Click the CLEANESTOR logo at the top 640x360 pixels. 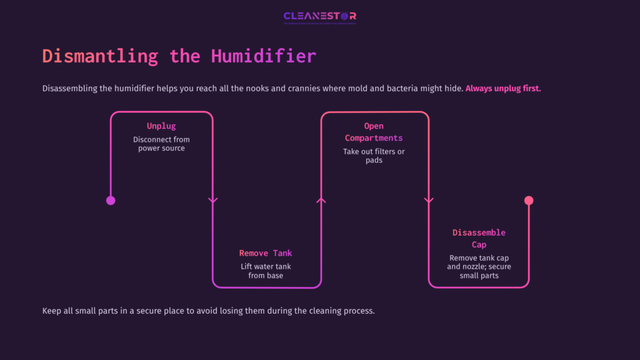point(319,17)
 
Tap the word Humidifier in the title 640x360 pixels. point(263,56)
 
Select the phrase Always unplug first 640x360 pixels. point(503,89)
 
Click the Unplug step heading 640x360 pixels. point(161,126)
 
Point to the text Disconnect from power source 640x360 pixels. point(161,144)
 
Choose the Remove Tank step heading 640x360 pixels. point(266,253)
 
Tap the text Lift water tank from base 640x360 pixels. point(266,271)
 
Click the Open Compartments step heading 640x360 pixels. point(374,132)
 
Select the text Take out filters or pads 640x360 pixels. point(374,156)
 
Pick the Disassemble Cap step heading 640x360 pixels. point(479,238)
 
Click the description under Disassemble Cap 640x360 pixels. point(479,267)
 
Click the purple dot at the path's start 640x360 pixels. point(111,201)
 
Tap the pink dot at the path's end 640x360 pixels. point(529,201)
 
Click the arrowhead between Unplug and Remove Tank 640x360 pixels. point(212,201)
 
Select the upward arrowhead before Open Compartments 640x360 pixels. point(321,200)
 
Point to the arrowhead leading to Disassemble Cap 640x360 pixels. point(429,201)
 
